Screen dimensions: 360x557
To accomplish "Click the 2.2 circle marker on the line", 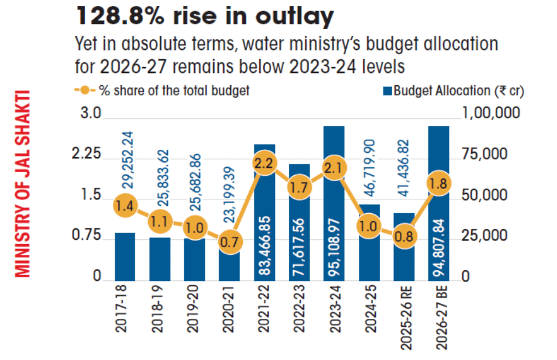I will (x=264, y=164).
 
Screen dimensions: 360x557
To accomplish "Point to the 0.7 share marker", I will (x=229, y=242).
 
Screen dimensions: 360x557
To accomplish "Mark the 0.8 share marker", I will (x=404, y=236).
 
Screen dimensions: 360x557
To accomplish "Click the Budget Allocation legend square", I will (x=387, y=92).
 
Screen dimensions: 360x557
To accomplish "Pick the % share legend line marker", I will (x=84, y=91).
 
